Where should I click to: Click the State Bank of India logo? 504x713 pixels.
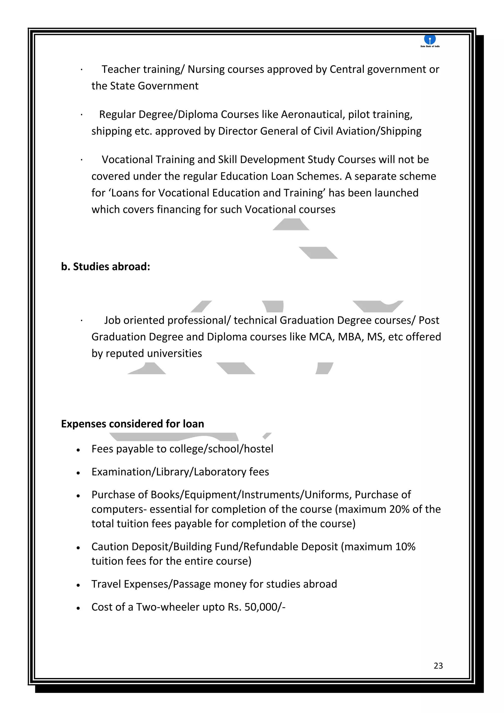pyautogui.click(x=430, y=40)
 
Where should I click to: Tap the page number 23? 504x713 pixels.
pyautogui.click(x=438, y=665)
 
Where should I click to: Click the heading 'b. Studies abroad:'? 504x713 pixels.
pyautogui.click(x=106, y=267)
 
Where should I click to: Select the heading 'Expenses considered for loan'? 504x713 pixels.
pyautogui.click(x=132, y=424)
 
